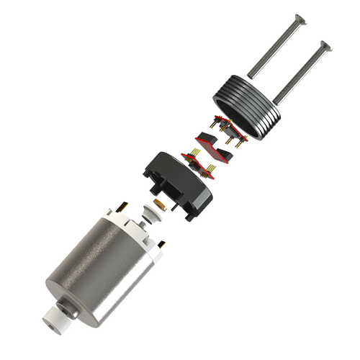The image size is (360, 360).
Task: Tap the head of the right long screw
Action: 328,48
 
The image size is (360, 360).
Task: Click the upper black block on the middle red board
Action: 207,139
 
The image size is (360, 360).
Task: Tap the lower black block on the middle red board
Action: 226,154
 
